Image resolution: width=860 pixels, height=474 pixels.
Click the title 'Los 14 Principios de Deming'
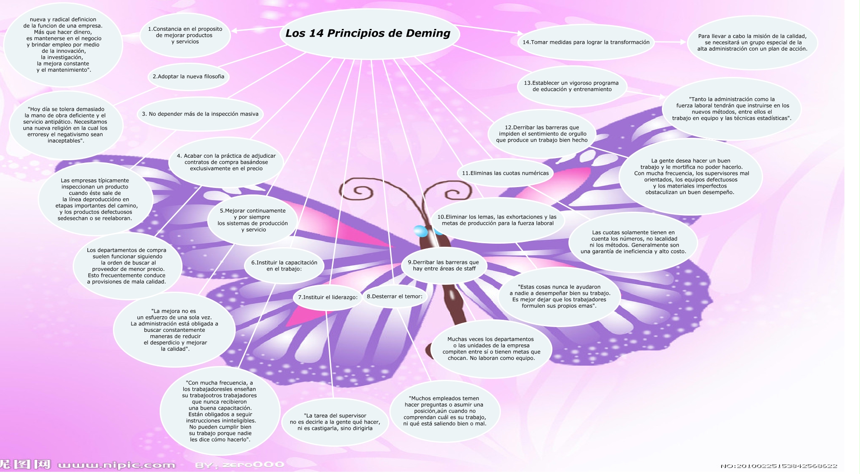pos(368,33)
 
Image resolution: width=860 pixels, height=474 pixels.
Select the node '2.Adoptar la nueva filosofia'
pos(188,76)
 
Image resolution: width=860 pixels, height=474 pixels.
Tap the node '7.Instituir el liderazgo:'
pos(327,297)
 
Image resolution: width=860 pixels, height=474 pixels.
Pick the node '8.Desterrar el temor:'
pos(395,296)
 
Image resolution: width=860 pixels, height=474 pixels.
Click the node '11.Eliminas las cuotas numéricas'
pos(505,173)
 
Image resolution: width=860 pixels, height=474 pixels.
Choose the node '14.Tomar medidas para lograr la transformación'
pos(586,42)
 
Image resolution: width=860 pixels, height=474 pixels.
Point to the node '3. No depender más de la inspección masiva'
pos(200,114)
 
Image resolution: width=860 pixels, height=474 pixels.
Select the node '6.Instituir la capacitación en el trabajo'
pos(284,266)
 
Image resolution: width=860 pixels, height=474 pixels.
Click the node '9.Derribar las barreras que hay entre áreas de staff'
pos(443,265)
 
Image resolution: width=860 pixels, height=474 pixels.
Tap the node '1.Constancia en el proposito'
pos(185,35)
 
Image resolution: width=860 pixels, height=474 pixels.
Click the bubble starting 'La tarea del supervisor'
pos(334,422)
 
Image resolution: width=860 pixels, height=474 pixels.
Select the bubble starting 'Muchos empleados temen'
pos(445,411)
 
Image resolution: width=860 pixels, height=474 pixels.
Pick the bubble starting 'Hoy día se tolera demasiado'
pos(65,125)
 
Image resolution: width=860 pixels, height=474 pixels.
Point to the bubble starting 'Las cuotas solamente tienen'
pos(633,242)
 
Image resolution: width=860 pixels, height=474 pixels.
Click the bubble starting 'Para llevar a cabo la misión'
pos(752,42)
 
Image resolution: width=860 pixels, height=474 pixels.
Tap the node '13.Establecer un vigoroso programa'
pos(571,86)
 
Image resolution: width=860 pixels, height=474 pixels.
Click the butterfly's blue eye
pos(420,231)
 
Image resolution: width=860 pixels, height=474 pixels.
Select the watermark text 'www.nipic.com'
pos(116,465)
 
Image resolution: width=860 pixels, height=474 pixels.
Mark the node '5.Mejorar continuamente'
pos(253,220)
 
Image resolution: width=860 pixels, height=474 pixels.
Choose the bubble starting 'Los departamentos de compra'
pos(127,266)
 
